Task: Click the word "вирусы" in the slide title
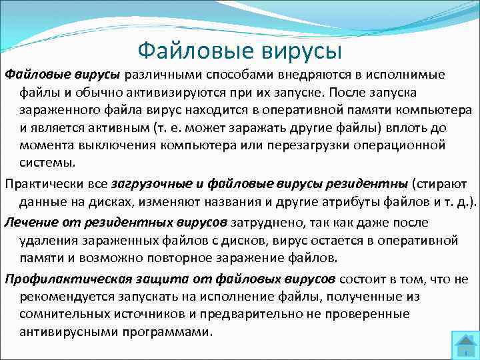(x=301, y=51)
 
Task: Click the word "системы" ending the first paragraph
(x=47, y=163)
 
